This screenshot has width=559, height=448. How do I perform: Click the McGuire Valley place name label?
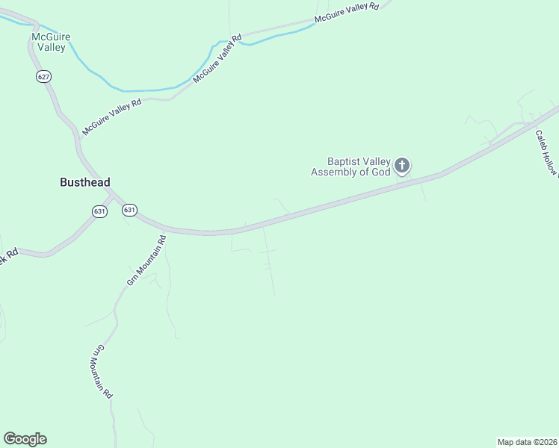(49, 42)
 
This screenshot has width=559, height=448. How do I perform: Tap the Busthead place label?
(85, 181)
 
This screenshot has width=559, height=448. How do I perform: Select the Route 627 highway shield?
(43, 77)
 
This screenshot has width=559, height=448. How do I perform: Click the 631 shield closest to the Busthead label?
(100, 211)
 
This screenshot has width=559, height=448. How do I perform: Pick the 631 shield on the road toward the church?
(129, 210)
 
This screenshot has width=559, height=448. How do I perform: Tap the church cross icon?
(402, 165)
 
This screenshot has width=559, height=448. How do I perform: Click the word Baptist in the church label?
(344, 161)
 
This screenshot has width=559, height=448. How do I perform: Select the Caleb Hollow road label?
(546, 154)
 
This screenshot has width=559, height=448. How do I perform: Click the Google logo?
(25, 439)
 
